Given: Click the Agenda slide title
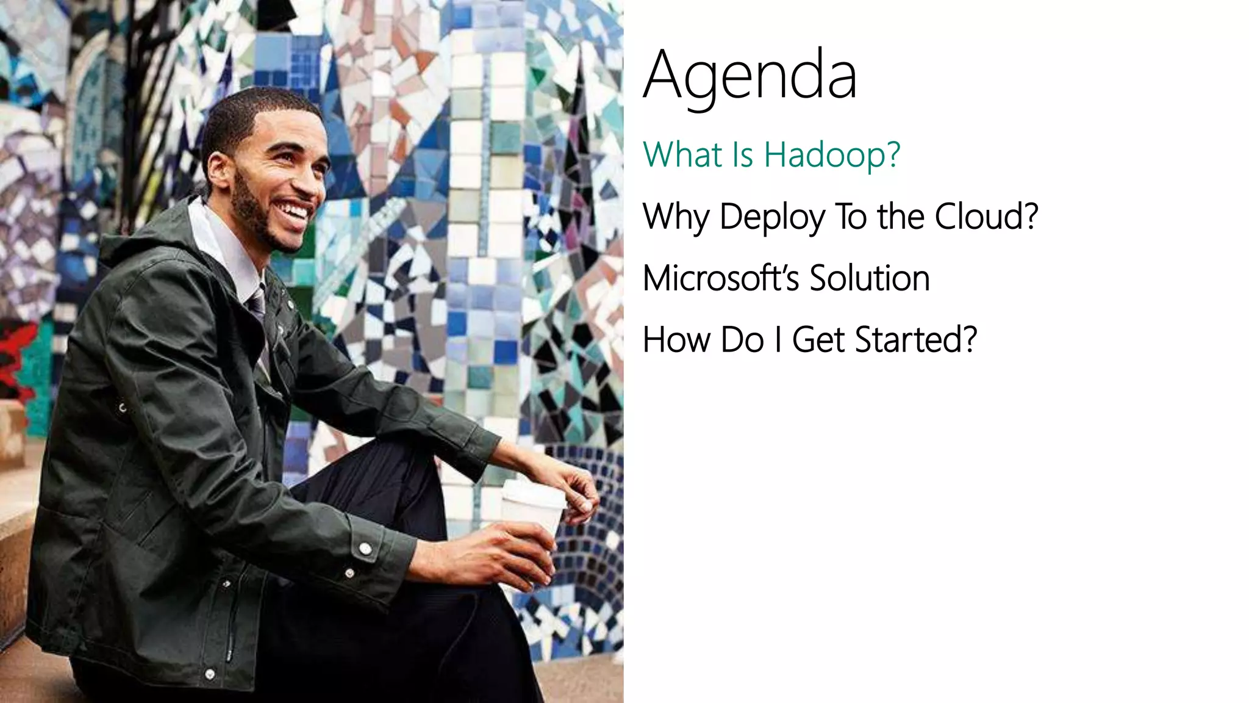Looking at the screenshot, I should pyautogui.click(x=750, y=76).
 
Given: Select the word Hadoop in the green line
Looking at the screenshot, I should pyautogui.click(x=832, y=155).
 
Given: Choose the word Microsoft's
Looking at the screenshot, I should pyautogui.click(x=720, y=278).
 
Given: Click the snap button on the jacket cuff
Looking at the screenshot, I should pyautogui.click(x=365, y=549).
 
